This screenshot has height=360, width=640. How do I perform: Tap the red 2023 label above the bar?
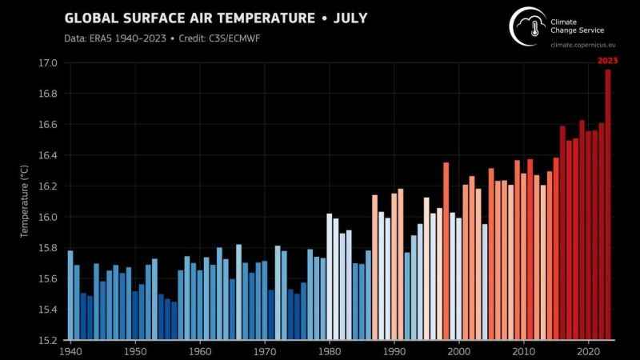coord(607,60)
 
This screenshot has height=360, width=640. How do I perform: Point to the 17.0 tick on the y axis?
coord(48,63)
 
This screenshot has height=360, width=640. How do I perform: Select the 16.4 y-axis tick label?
coord(48,155)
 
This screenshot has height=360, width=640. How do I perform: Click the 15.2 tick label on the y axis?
coord(48,340)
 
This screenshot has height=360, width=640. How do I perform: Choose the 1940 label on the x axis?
coord(70,350)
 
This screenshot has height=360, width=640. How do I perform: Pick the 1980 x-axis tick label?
coord(329,350)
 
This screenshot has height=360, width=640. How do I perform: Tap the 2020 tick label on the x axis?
coord(588,350)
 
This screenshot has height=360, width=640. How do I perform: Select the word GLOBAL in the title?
coord(91,18)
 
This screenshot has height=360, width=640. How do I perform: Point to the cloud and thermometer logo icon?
coord(527,26)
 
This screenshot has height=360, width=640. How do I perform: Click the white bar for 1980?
coord(329,276)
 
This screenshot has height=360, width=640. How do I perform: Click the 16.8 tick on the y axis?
coord(48,94)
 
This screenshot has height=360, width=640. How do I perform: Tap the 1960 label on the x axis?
coord(200,350)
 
